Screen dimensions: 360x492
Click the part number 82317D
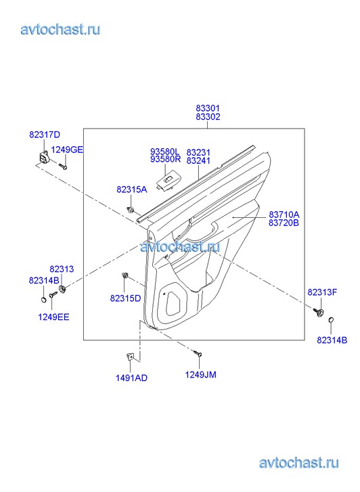pyautogui.click(x=45, y=135)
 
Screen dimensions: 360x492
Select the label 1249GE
pyautogui.click(x=67, y=150)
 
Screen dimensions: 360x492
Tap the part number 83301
pyautogui.click(x=208, y=108)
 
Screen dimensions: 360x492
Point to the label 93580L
pyautogui.click(x=165, y=152)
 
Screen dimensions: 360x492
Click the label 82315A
pyautogui.click(x=132, y=189)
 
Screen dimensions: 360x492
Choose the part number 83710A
pyautogui.click(x=284, y=215)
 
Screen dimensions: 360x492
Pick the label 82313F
pyautogui.click(x=322, y=292)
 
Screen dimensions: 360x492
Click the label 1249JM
pyautogui.click(x=200, y=375)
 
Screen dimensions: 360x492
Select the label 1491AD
pyautogui.click(x=131, y=378)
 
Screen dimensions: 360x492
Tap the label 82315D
pyautogui.click(x=126, y=298)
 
